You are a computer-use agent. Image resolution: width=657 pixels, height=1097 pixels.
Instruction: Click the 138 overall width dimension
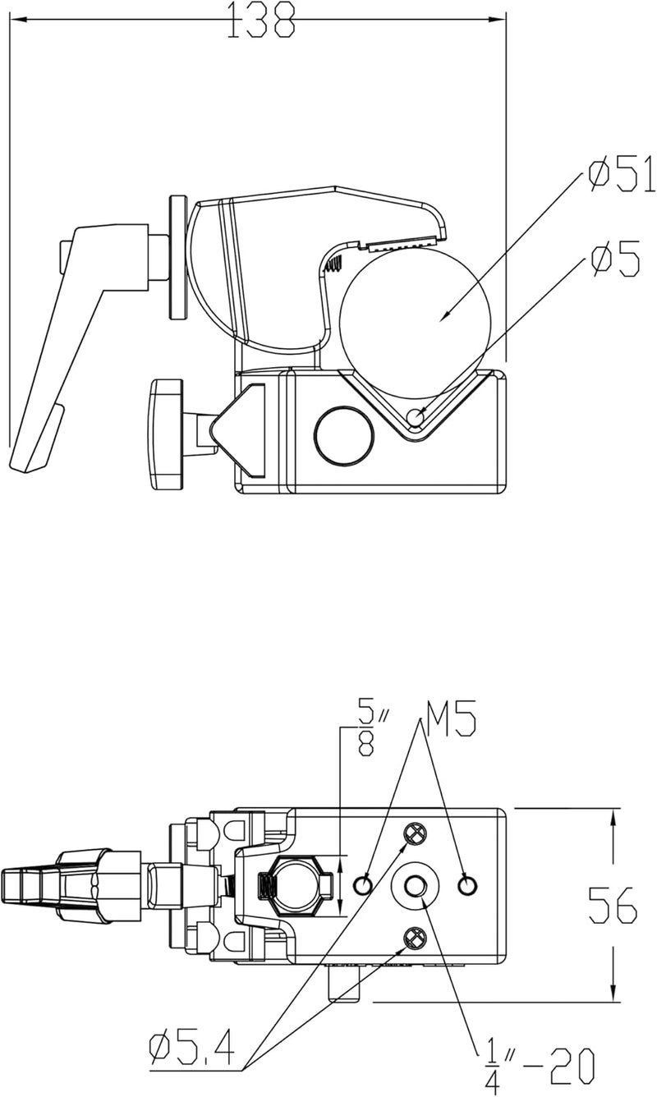click(261, 20)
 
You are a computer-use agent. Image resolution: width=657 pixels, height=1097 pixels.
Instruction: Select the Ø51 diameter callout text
click(622, 173)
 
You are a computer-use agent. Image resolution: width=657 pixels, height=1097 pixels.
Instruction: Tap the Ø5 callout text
click(615, 258)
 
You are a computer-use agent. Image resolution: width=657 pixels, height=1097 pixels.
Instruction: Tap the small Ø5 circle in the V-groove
click(416, 418)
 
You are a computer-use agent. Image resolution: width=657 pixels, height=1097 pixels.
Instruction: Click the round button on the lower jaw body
click(344, 435)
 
